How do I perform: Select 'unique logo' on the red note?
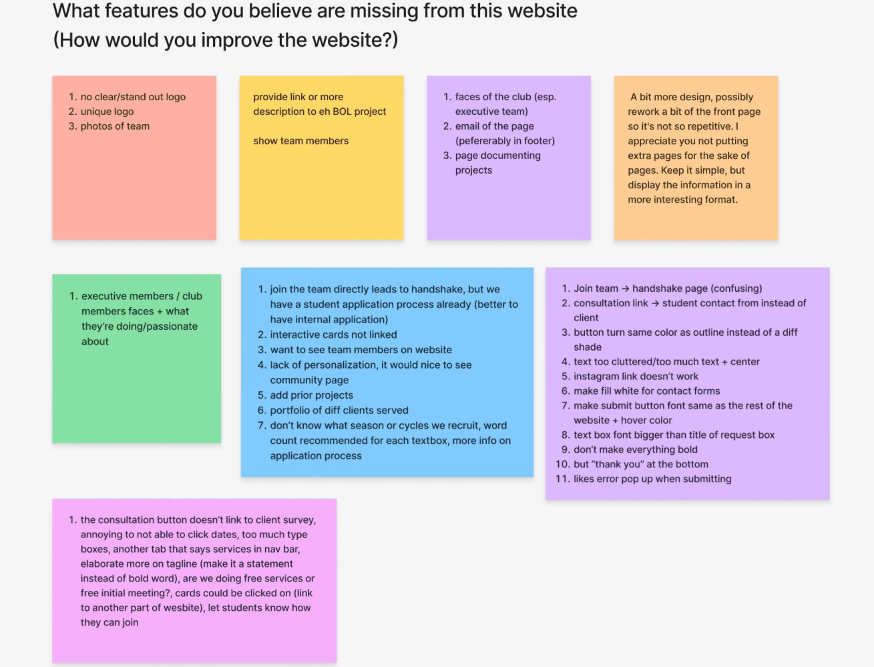[107, 112]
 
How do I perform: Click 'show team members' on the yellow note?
[300, 141]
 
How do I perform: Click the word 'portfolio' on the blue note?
[292, 411]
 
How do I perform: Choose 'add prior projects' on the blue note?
[311, 395]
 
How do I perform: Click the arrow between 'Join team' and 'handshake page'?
[625, 288]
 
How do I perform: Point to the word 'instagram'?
[596, 377]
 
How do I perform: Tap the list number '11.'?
[562, 479]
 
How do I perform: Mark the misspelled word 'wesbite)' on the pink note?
[180, 608]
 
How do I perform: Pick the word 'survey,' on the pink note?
[299, 520]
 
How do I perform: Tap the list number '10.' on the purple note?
[562, 464]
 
